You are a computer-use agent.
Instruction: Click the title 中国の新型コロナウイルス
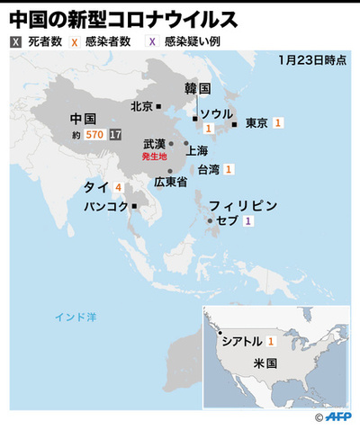click(123, 17)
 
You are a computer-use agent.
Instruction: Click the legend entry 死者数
click(42, 41)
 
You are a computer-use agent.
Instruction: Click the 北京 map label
click(141, 105)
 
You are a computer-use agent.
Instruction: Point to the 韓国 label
click(197, 89)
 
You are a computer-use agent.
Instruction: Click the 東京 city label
click(256, 123)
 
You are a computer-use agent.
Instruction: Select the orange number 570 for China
click(94, 134)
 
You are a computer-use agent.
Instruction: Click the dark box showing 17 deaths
click(114, 134)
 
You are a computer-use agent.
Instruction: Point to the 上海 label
click(197, 150)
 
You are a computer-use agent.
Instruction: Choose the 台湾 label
click(208, 168)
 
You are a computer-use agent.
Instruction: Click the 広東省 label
click(169, 182)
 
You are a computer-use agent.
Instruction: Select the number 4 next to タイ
click(119, 187)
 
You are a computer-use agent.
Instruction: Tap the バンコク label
click(106, 206)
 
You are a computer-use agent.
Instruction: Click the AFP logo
click(339, 417)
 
